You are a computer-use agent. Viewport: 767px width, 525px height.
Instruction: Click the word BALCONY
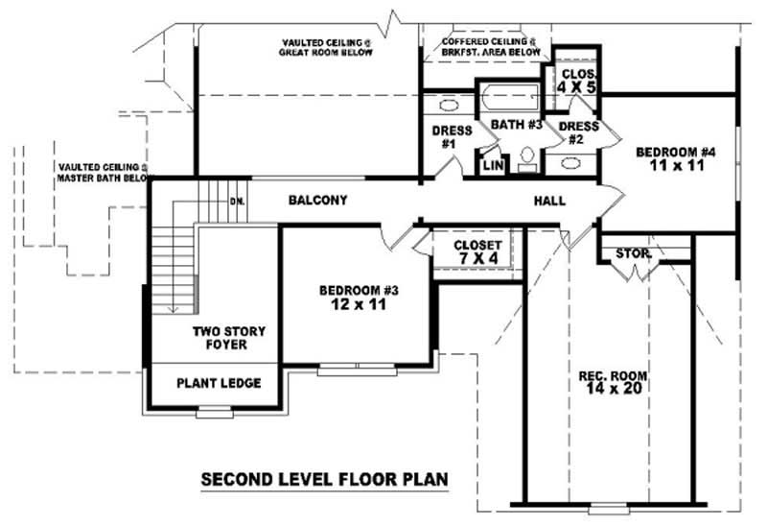317,201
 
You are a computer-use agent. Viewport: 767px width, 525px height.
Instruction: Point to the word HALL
549,202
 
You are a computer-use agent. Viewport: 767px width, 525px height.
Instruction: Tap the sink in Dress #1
448,105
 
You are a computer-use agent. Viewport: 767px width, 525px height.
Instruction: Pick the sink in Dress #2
571,163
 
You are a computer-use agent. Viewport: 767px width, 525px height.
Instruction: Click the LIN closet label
493,165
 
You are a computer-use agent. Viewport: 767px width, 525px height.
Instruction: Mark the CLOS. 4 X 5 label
578,80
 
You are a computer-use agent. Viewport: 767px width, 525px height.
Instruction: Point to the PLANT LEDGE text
219,383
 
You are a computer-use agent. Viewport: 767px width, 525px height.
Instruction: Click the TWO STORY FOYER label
228,338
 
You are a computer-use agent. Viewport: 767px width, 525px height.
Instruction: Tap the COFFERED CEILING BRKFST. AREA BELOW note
489,48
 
